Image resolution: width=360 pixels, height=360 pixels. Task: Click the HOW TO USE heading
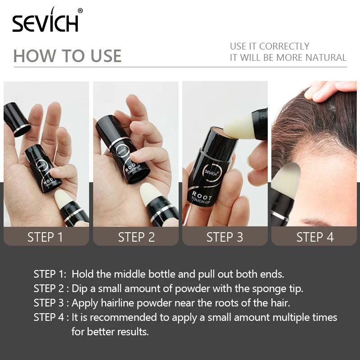[67, 56]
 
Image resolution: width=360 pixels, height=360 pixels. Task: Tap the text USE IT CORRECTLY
[270, 46]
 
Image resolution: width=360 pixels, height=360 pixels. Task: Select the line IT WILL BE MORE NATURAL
[288, 58]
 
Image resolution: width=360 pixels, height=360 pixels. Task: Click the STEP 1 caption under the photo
[45, 237]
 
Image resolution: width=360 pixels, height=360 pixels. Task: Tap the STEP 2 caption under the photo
[136, 237]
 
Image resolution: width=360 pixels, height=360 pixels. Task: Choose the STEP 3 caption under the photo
[225, 237]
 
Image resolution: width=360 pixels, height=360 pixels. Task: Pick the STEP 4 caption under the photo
[315, 237]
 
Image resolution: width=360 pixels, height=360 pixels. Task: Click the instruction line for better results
[110, 332]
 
